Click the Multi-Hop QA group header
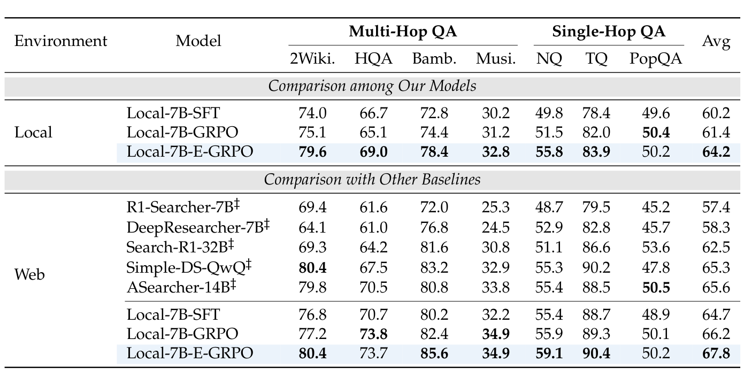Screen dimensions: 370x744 (403, 32)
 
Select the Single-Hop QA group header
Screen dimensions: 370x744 (609, 32)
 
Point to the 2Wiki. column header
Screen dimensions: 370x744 (312, 59)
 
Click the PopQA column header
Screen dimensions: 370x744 (656, 59)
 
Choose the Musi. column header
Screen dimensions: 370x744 (496, 59)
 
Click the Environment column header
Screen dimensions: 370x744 (60, 41)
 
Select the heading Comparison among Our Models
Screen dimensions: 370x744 (372, 86)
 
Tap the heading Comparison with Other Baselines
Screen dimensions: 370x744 (372, 180)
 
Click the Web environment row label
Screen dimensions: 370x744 (29, 275)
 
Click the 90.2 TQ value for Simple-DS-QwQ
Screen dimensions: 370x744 (596, 267)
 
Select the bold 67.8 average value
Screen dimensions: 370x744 (716, 354)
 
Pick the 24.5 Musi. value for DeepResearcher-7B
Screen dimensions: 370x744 (496, 228)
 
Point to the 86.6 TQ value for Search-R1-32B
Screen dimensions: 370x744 (596, 248)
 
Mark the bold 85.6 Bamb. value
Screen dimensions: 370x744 (434, 354)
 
